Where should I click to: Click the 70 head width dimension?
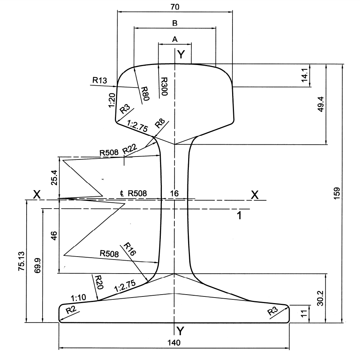point(175,7)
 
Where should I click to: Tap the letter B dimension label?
point(175,23)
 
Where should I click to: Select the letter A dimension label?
point(175,39)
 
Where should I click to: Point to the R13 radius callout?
point(100,80)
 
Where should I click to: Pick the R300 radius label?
point(164,86)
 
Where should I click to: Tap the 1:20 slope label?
point(112,100)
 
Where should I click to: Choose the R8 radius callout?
point(160,124)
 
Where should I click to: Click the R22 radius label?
point(130,149)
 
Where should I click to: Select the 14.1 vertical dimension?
point(305,75)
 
